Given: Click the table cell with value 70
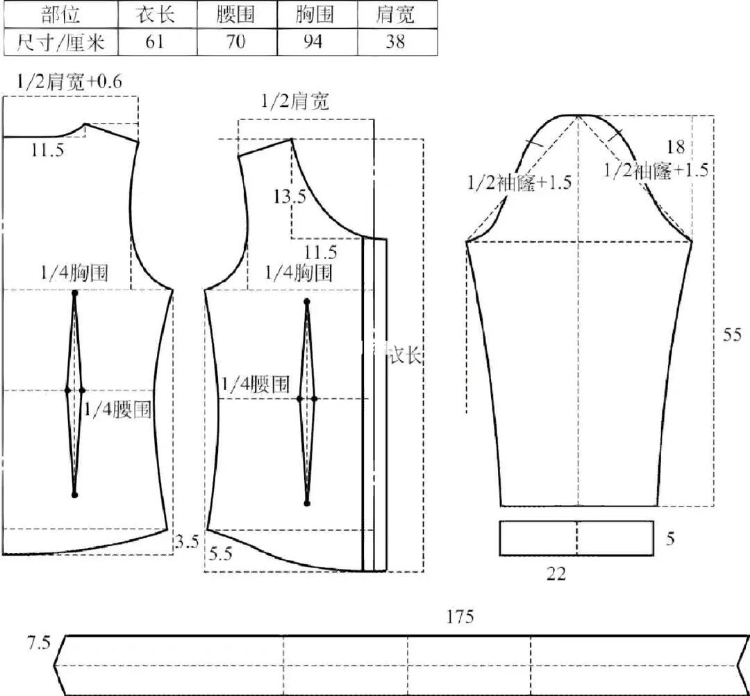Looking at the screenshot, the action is point(237,42).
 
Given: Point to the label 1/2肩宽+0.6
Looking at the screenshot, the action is point(69,82).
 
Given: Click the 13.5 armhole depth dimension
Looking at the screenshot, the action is point(290,196).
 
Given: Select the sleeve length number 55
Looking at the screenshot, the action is point(732,334).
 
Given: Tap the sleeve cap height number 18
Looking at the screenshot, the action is point(676,147).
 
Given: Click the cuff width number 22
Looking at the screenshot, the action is point(556,574).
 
